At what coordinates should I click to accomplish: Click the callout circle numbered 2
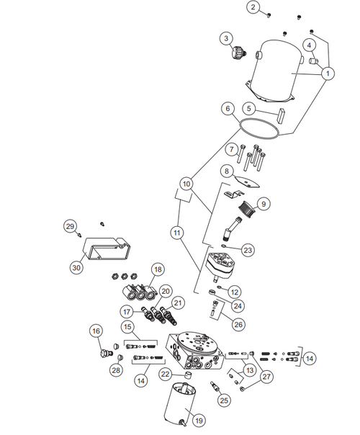(253, 7)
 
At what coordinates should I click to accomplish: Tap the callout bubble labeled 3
(226, 38)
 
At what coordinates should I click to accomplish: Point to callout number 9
(263, 205)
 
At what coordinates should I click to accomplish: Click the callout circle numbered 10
(186, 184)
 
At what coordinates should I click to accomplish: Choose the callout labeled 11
(177, 233)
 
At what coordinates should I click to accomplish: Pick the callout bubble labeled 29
(70, 227)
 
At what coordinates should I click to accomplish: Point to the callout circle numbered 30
(76, 266)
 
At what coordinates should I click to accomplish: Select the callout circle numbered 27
(267, 376)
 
